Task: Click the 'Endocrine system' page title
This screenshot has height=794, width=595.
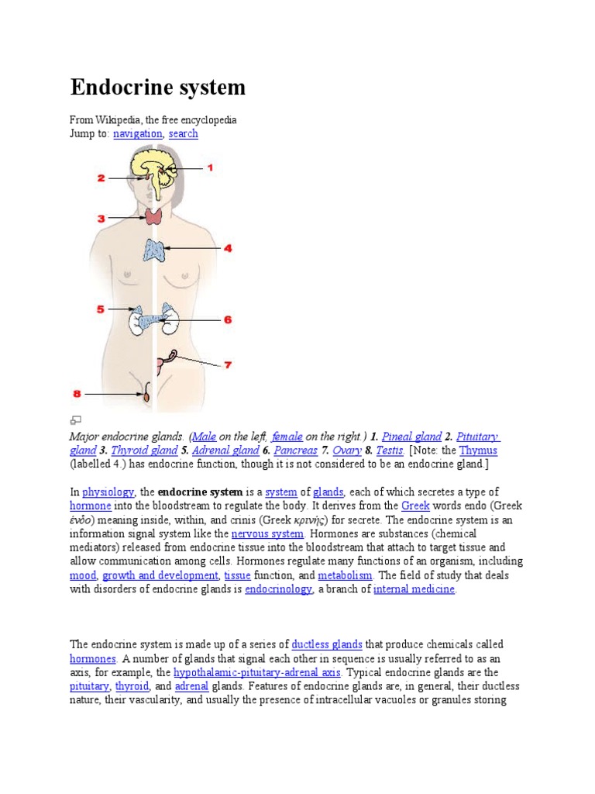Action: pos(158,87)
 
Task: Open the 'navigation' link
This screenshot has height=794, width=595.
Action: pos(138,133)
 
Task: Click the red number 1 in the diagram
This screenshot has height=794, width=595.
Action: pos(208,167)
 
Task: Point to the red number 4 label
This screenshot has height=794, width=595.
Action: pos(228,249)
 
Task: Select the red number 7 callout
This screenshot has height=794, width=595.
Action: pos(228,364)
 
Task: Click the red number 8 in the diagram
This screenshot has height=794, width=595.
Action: pos(77,394)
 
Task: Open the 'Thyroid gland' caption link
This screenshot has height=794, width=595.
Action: pos(144,451)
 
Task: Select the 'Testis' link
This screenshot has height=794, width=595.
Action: pos(390,451)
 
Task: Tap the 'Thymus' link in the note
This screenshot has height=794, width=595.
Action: pos(478,451)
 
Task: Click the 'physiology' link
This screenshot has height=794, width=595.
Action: pos(108,492)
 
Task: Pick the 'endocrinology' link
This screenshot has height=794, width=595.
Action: pos(278,590)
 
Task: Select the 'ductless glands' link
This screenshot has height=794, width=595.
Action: pos(327,644)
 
